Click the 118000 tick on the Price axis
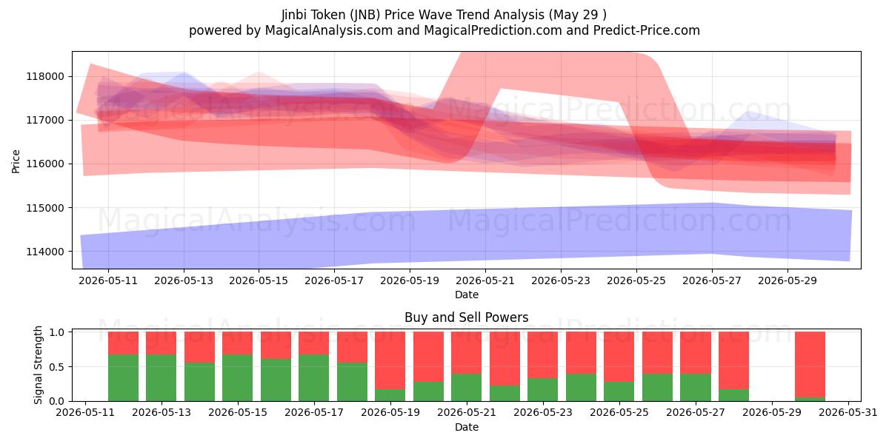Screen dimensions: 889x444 (x=45, y=76)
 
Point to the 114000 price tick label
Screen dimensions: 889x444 (x=45, y=252)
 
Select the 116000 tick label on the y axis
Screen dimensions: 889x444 (x=45, y=164)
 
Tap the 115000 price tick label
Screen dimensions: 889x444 (x=45, y=208)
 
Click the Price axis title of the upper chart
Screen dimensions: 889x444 (x=16, y=161)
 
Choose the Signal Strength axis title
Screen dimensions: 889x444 (x=38, y=365)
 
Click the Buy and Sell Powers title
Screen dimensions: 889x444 (x=466, y=317)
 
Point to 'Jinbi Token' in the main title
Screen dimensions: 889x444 (x=313, y=15)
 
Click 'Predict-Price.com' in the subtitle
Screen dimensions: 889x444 (x=647, y=30)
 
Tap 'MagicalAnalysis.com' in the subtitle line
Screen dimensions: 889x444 (x=329, y=30)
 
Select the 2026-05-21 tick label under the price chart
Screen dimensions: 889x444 (x=485, y=280)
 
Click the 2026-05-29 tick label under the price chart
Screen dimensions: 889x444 (x=788, y=280)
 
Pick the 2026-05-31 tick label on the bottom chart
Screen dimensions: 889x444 (x=848, y=413)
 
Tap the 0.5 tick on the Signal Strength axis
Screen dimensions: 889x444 (x=56, y=367)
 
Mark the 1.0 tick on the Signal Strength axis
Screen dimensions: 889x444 (x=56, y=332)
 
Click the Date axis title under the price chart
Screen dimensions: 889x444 (x=466, y=295)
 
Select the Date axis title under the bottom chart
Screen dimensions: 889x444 (x=466, y=428)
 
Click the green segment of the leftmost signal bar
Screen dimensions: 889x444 (x=124, y=378)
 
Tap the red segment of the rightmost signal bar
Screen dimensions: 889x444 (x=810, y=364)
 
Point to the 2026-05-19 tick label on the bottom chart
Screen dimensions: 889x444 (x=390, y=413)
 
